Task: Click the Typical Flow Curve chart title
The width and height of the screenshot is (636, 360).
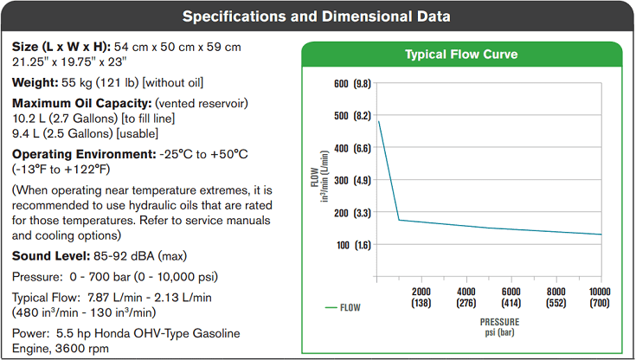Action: [461, 55]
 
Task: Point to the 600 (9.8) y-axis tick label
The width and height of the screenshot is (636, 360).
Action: [350, 84]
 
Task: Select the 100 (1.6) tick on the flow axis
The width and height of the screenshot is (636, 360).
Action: [350, 245]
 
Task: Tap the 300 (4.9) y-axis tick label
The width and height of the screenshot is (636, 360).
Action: [350, 180]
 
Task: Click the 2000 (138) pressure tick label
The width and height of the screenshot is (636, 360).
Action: [421, 297]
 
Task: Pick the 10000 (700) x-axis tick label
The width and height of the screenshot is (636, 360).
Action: [601, 297]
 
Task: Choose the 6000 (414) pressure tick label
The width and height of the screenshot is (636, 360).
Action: [511, 297]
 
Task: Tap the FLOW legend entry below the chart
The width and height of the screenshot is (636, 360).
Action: [344, 306]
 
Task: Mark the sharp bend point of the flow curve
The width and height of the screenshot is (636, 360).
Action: [399, 220]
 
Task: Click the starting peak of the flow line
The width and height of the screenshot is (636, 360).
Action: [379, 122]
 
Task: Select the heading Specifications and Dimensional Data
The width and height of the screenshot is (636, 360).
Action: [318, 16]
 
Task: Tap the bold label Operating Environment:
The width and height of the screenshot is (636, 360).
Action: [84, 154]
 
